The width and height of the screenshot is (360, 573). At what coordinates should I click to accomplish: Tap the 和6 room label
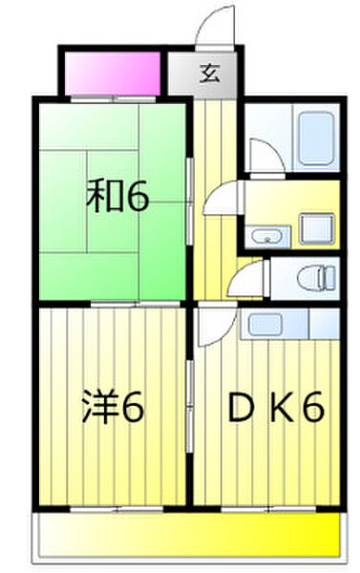pyautogui.click(x=117, y=198)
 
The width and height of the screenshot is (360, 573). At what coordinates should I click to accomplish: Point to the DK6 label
pyautogui.click(x=274, y=410)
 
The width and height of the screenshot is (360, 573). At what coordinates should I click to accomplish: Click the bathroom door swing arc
pyautogui.click(x=260, y=155)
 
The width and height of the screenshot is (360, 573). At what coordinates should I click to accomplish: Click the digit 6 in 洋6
pyautogui.click(x=133, y=410)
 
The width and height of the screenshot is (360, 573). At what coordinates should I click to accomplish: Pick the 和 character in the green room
pyautogui.click(x=102, y=198)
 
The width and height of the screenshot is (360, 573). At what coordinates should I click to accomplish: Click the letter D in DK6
pyautogui.click(x=238, y=410)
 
